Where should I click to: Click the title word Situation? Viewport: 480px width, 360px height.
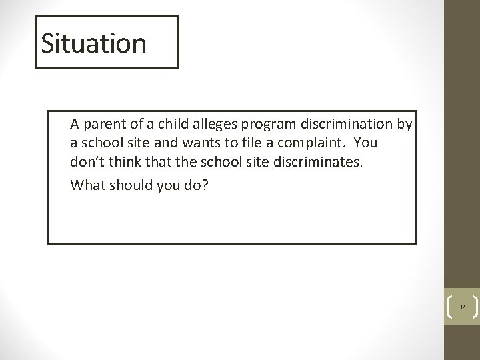[x=93, y=43]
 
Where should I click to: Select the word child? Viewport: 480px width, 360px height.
[x=158, y=124]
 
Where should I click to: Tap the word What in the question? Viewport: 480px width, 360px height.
[x=87, y=185]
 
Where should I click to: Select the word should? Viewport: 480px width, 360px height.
[x=129, y=185]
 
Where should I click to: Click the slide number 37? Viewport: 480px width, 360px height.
[x=461, y=307]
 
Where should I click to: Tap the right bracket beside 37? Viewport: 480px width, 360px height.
[x=475, y=307]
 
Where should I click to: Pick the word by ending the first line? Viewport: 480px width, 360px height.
[x=405, y=124]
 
